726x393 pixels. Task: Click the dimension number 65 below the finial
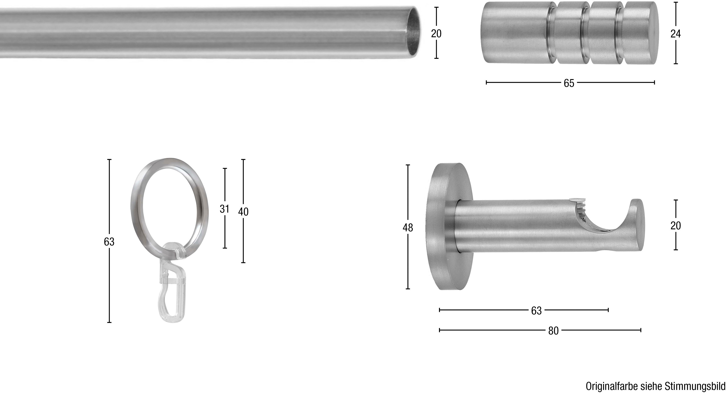569,83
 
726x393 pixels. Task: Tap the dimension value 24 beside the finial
675,34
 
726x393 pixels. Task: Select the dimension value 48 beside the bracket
407,228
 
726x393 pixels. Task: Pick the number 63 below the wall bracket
536,311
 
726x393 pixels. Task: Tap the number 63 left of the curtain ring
109,242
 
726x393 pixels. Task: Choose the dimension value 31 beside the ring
224,209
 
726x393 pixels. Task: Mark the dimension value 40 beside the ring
243,212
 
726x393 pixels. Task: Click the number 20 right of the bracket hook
675,226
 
